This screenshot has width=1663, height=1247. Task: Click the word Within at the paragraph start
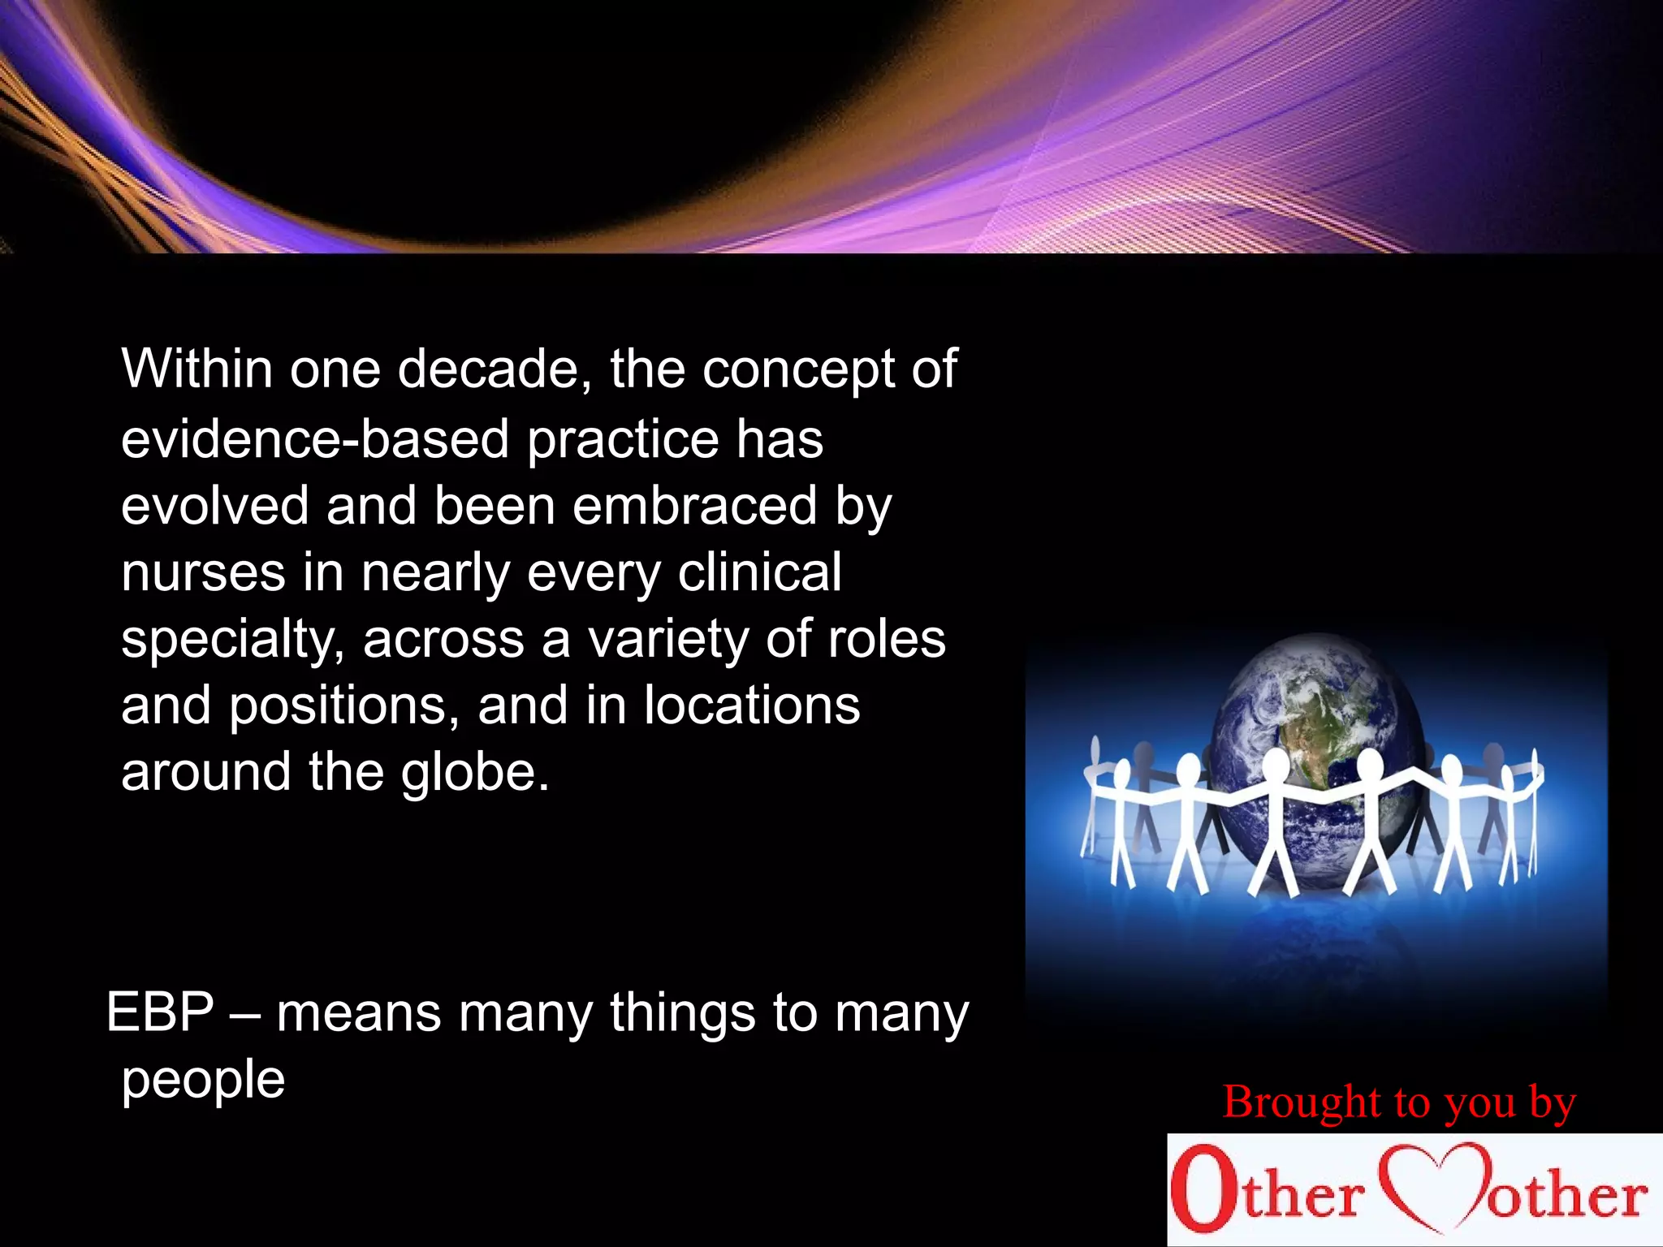(197, 369)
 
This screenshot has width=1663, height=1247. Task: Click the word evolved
(214, 506)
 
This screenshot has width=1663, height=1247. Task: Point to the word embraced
(694, 506)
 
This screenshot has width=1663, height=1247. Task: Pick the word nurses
(203, 573)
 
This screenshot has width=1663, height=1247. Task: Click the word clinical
(759, 572)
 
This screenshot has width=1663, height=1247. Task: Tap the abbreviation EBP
(160, 1013)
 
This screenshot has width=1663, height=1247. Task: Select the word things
(683, 1013)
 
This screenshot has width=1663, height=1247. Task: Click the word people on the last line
(203, 1081)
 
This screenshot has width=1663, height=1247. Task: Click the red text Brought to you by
(1399, 1102)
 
